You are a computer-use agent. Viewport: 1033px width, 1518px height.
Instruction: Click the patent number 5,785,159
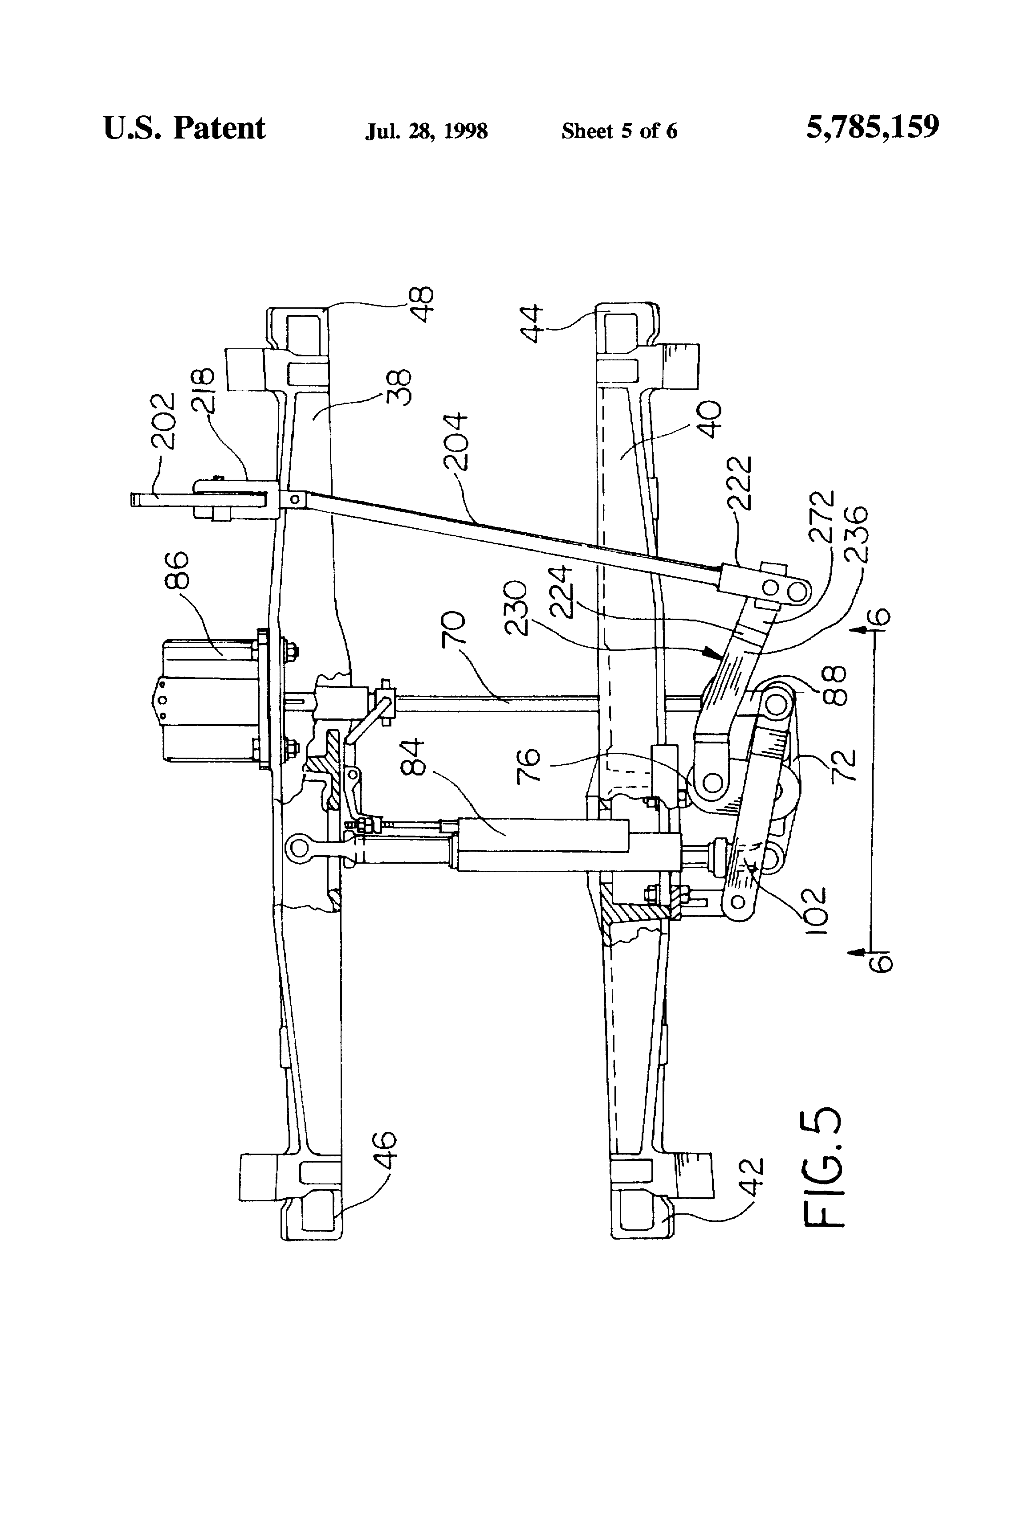pos(872,128)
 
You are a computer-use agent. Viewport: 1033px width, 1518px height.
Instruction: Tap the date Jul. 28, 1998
pos(427,131)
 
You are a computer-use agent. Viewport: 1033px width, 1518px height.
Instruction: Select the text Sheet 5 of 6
pos(619,131)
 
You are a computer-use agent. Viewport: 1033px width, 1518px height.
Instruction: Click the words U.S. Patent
pos(184,128)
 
